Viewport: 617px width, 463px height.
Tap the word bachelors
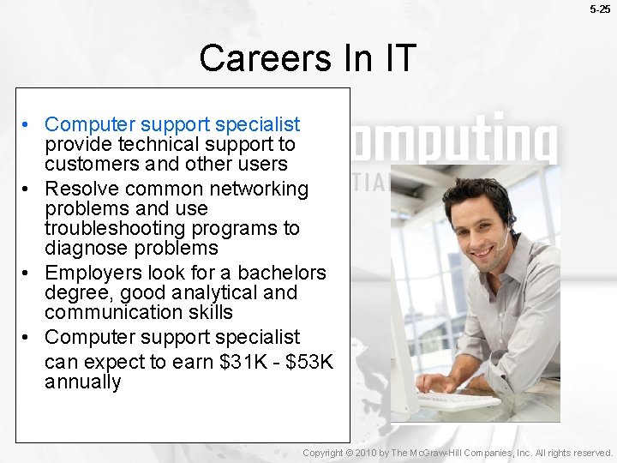[282, 273]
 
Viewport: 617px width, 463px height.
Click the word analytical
[207, 292]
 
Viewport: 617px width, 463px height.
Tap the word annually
[82, 382]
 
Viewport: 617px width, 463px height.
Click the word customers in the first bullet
[87, 164]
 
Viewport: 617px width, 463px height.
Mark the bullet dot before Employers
[28, 274]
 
